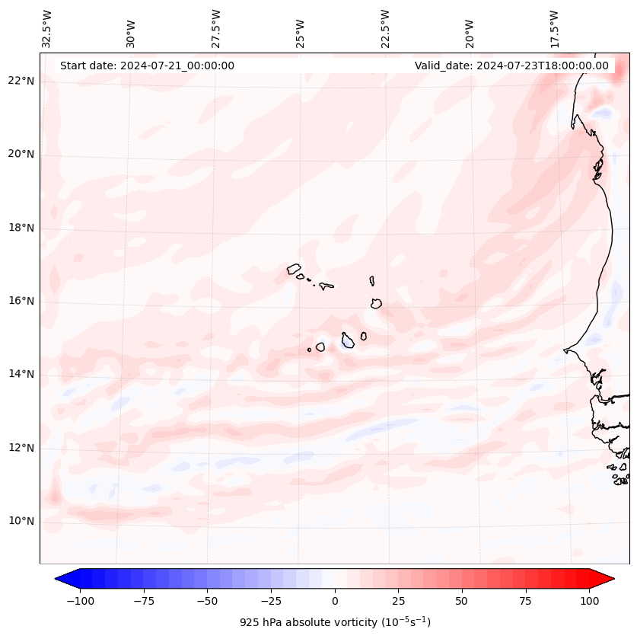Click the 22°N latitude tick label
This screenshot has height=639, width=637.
coord(21,81)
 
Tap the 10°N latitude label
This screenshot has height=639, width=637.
coord(21,522)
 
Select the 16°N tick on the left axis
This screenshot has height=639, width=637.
coord(21,302)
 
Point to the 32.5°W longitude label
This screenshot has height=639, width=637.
coord(47,29)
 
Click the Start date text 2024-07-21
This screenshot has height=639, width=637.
coord(147,65)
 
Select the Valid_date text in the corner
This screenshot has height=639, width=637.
coord(511,65)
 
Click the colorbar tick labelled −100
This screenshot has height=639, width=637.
coord(80,601)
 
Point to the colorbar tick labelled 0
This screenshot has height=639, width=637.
coord(335,601)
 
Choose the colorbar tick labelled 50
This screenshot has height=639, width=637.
coord(462,601)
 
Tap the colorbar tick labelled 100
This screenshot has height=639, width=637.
coord(589,601)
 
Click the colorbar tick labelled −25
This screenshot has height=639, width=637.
coord(271,601)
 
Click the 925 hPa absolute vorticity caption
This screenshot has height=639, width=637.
coord(335,622)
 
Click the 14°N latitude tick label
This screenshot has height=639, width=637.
coord(21,375)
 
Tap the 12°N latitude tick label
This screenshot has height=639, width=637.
coord(21,448)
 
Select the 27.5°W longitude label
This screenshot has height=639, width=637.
coord(216,29)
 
